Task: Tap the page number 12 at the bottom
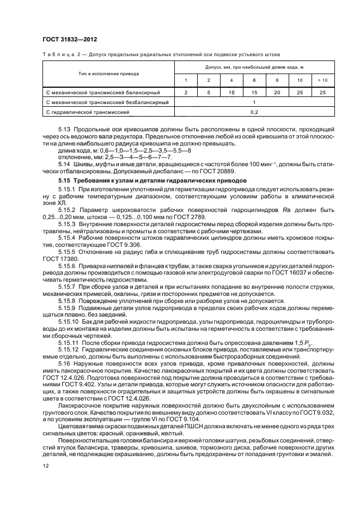(x=46, y=466)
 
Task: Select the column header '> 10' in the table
(x=322, y=81)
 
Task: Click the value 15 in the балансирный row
(x=254, y=93)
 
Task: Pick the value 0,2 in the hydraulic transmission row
(x=254, y=112)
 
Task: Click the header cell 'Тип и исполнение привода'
(x=108, y=74)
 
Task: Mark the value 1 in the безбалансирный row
(x=254, y=102)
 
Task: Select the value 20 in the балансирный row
(x=277, y=93)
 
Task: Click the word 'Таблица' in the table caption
(x=57, y=54)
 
